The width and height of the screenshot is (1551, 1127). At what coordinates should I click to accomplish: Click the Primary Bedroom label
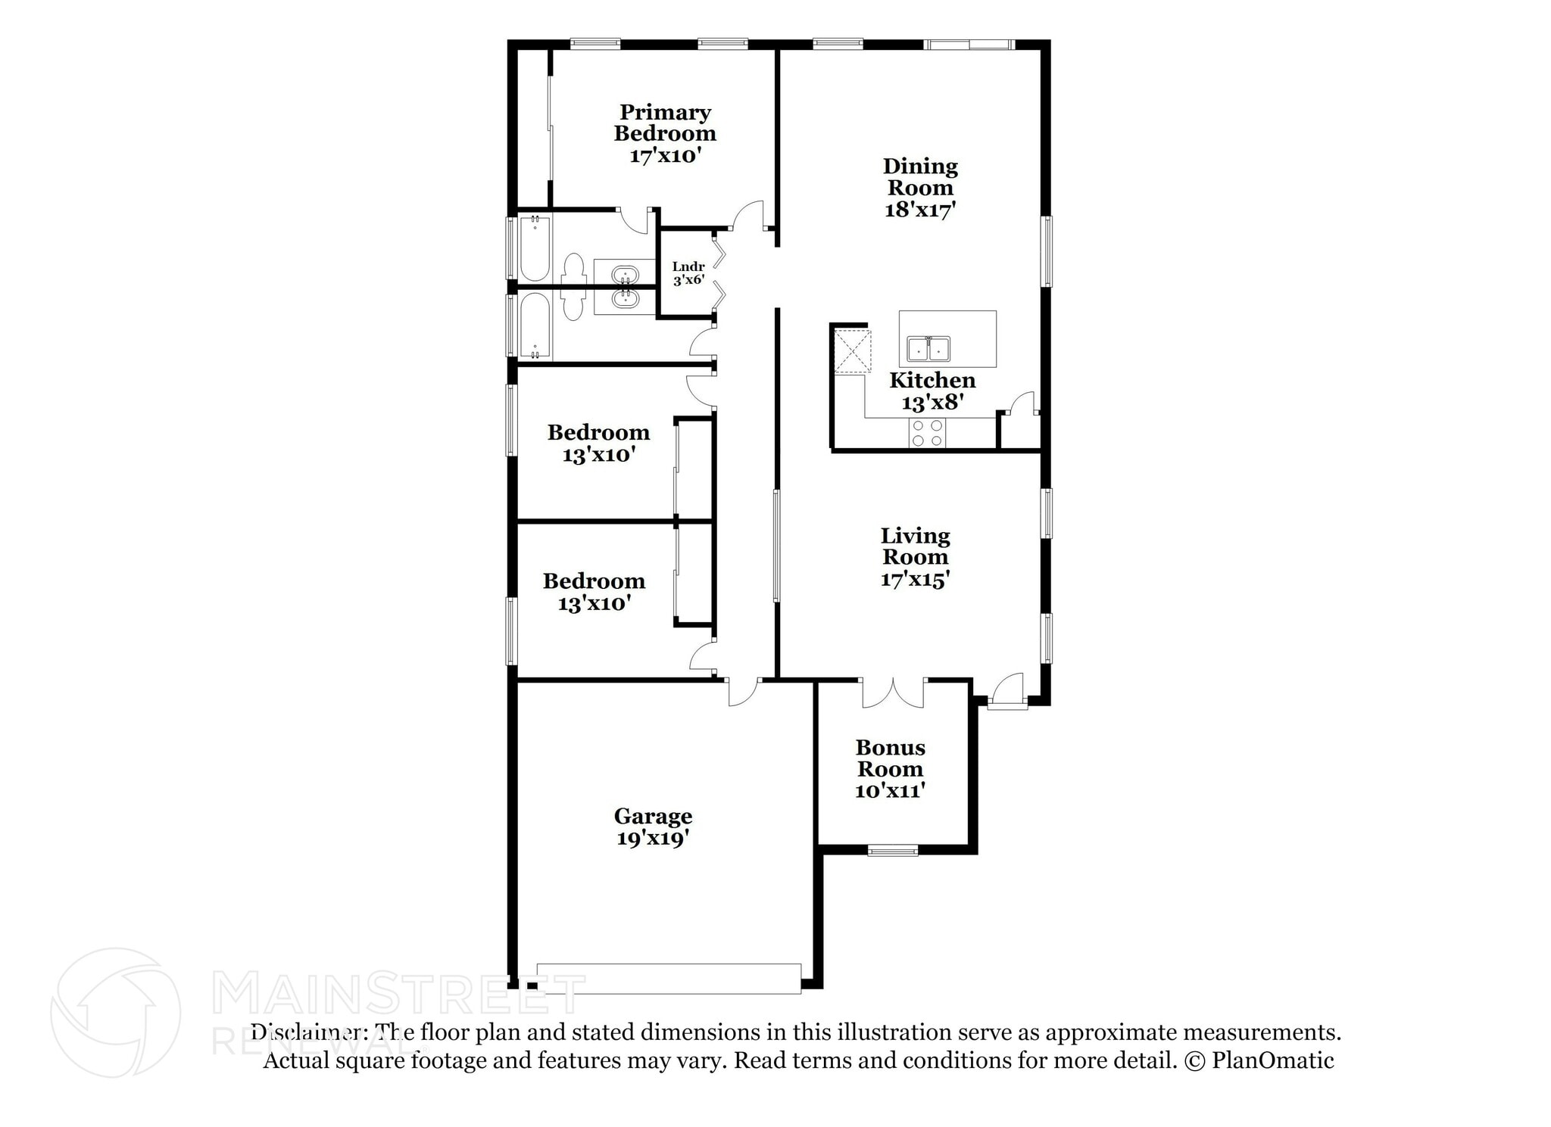[x=664, y=123]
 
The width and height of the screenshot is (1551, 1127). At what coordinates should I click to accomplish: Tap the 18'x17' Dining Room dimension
[x=919, y=210]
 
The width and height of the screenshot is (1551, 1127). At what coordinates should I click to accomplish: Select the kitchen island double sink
[x=928, y=350]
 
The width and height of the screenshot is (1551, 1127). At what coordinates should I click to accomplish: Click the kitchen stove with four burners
[x=928, y=432]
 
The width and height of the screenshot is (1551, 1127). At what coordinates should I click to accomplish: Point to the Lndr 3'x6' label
[x=688, y=273]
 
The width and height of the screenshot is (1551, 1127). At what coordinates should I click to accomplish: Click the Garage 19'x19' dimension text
[x=652, y=838]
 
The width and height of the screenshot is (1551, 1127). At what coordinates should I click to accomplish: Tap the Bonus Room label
[x=890, y=758]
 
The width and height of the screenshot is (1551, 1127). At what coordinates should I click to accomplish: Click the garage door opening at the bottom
[x=669, y=979]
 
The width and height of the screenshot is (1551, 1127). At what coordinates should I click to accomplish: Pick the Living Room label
[x=915, y=546]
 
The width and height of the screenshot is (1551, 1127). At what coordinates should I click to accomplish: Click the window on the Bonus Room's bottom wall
[x=892, y=851]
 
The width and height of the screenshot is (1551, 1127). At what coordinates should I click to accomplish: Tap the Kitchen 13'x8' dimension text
[x=932, y=402]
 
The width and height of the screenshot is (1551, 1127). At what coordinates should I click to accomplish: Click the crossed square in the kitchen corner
[x=852, y=350]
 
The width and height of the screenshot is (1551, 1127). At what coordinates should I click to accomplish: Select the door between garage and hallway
[x=743, y=692]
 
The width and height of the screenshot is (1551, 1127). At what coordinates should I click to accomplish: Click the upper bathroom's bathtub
[x=534, y=248]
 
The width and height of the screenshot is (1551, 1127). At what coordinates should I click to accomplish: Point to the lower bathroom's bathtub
[x=535, y=326]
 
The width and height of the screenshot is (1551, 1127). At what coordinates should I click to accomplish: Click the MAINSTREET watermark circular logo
[x=115, y=1012]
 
